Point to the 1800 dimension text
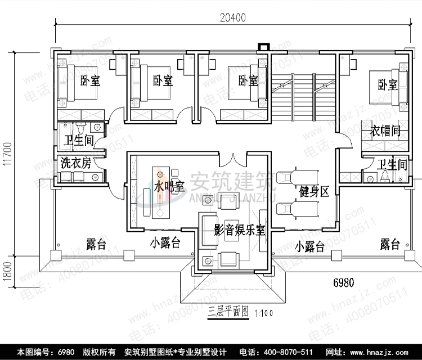pyautogui.click(x=7, y=273)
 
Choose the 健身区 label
pyautogui.click(x=314, y=192)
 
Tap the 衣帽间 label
pyautogui.click(x=385, y=132)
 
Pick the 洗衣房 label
pyautogui.click(x=75, y=164)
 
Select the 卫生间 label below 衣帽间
pyautogui.click(x=392, y=165)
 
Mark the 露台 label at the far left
pyautogui.click(x=96, y=244)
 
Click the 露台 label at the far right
pyautogui.click(x=389, y=244)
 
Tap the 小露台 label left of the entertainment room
pyautogui.click(x=165, y=243)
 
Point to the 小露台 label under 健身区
pyautogui.click(x=309, y=246)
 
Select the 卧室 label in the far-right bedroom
pyautogui.click(x=388, y=85)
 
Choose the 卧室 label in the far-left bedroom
pyautogui.click(x=90, y=81)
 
